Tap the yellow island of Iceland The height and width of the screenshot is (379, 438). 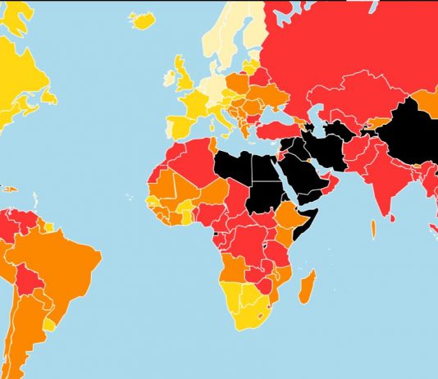click(142, 20)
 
